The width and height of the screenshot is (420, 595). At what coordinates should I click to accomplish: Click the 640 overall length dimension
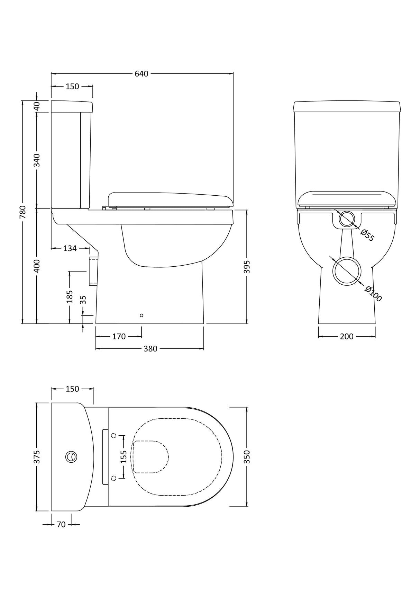click(x=141, y=74)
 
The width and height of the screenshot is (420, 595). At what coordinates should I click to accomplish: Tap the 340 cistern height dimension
click(x=37, y=160)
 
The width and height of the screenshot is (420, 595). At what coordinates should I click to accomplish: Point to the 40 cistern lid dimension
click(x=37, y=106)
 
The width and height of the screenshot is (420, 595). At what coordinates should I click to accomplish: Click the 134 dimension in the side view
click(x=70, y=248)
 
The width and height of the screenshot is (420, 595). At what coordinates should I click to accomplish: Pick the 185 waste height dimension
click(x=70, y=297)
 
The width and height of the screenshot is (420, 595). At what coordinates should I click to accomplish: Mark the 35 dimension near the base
click(x=83, y=300)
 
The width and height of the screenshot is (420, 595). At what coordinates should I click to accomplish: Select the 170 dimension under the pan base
click(x=119, y=337)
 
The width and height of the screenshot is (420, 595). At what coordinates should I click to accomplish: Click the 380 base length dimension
click(x=150, y=349)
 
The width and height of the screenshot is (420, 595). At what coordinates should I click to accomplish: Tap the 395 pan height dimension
click(x=247, y=267)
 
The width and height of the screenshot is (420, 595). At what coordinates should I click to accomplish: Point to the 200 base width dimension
click(x=347, y=337)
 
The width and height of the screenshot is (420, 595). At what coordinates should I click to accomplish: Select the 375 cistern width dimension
click(x=37, y=457)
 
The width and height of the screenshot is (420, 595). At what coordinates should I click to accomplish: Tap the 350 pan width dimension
click(x=247, y=457)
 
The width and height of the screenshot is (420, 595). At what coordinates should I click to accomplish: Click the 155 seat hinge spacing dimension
click(x=124, y=457)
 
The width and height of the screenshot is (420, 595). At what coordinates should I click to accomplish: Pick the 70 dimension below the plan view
click(x=61, y=525)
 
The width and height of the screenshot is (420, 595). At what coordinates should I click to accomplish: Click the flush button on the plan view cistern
click(x=71, y=457)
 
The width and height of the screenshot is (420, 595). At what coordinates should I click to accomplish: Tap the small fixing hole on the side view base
click(x=141, y=315)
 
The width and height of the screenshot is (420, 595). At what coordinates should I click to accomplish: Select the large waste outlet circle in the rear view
click(x=347, y=271)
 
